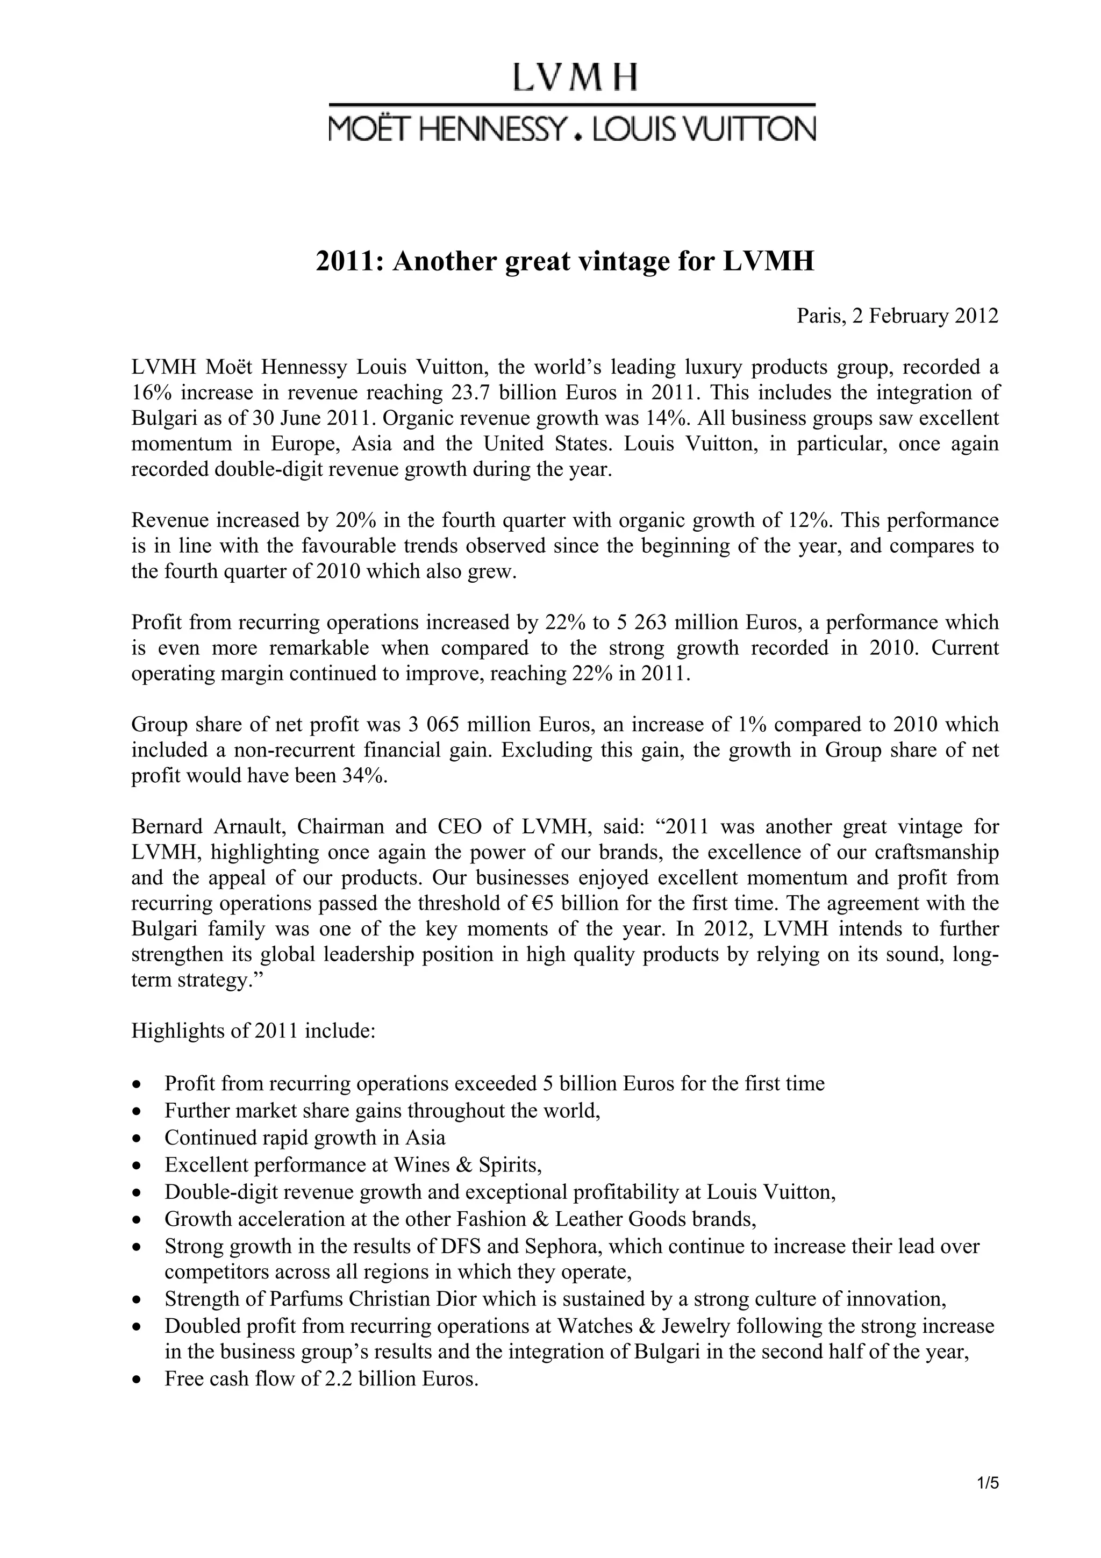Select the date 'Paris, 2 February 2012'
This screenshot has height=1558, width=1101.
coord(897,316)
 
